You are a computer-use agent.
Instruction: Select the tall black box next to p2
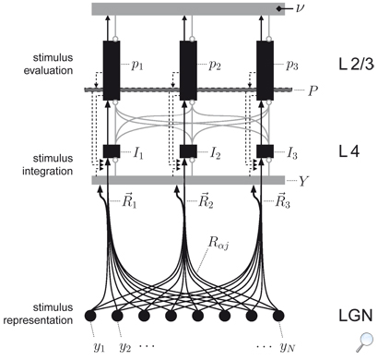(190, 69)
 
